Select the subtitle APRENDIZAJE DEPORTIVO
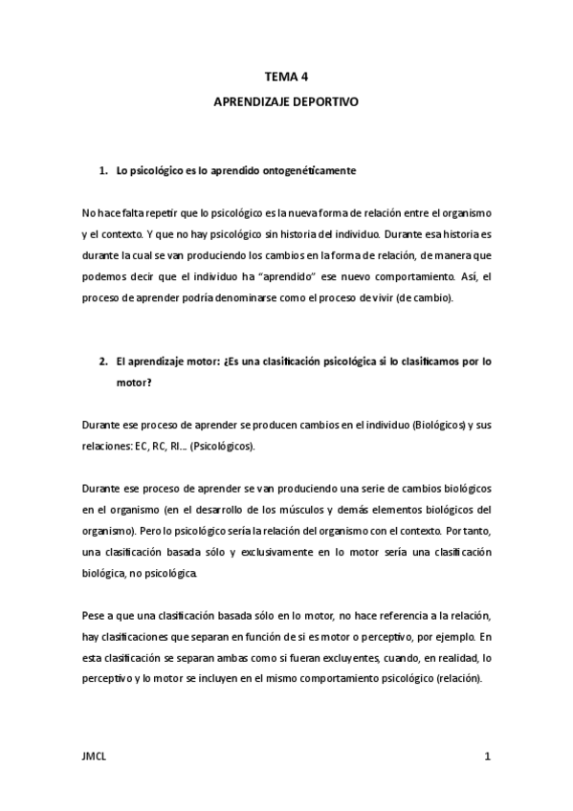(286, 99)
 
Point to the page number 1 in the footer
(487, 756)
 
